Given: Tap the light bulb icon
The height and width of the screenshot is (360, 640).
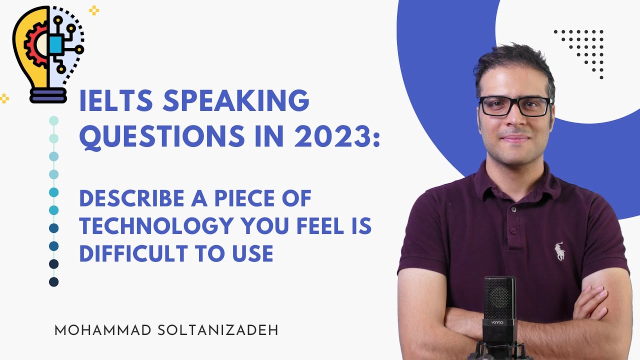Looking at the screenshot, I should [48, 52].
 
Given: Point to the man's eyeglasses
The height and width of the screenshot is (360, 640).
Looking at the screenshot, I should [515, 105].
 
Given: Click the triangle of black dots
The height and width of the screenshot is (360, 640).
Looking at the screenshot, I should [585, 47].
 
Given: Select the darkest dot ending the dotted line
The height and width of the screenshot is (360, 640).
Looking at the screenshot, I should [54, 282].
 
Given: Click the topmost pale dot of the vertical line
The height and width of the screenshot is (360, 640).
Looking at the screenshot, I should [54, 120].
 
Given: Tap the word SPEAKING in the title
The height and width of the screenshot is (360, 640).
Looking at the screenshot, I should [236, 102].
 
